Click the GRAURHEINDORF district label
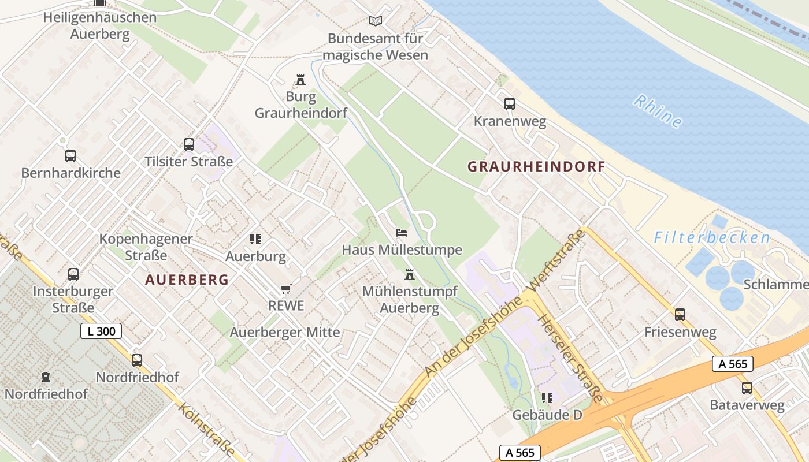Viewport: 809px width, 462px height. pyautogui.click(x=536, y=167)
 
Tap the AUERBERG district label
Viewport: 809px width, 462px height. pyautogui.click(x=187, y=280)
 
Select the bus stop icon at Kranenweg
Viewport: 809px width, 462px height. pyautogui.click(x=509, y=104)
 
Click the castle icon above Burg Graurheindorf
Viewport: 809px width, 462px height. pyautogui.click(x=300, y=80)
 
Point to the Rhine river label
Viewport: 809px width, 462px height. pyautogui.click(x=658, y=110)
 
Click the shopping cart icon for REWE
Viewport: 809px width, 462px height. pyautogui.click(x=285, y=289)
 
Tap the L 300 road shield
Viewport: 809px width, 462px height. pyautogui.click(x=101, y=331)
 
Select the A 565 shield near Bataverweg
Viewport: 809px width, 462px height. pyautogui.click(x=733, y=363)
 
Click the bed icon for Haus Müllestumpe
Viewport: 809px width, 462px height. pyautogui.click(x=402, y=233)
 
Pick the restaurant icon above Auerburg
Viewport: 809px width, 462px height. pyautogui.click(x=255, y=239)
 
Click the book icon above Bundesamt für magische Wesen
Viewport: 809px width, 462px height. pyautogui.click(x=376, y=21)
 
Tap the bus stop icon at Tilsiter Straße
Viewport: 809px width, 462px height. pyautogui.click(x=189, y=144)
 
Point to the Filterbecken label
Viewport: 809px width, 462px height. pyautogui.click(x=712, y=237)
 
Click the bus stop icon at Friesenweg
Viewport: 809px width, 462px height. pyautogui.click(x=680, y=315)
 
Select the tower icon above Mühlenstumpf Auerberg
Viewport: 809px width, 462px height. pyautogui.click(x=410, y=274)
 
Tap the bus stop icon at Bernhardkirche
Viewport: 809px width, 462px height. pyautogui.click(x=70, y=156)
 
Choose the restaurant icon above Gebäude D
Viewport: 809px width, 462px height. pyautogui.click(x=547, y=398)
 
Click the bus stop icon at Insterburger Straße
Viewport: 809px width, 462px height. pyautogui.click(x=73, y=274)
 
